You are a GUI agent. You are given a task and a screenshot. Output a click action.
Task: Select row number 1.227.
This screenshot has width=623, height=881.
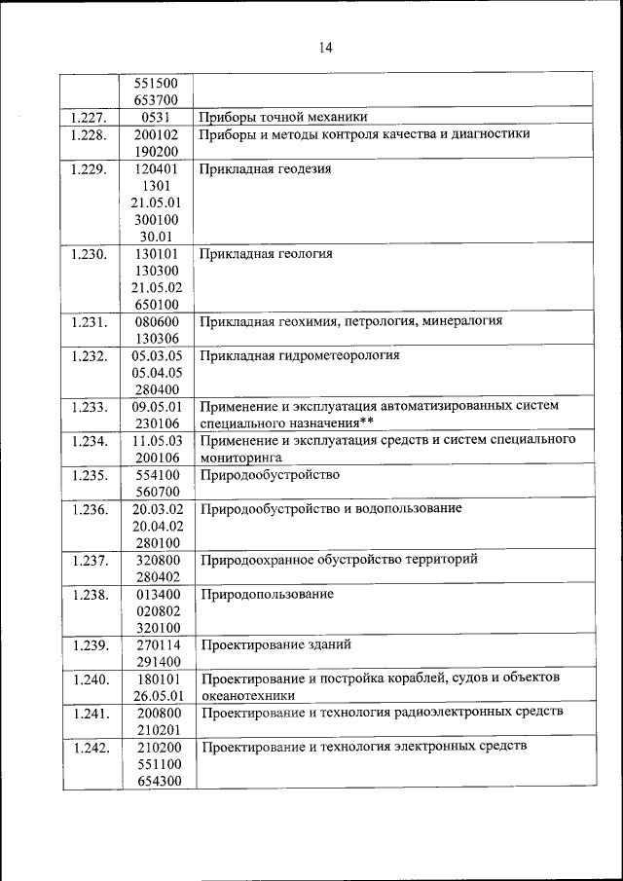click(89, 118)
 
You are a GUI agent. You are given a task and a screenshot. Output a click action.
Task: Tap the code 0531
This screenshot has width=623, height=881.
click(155, 118)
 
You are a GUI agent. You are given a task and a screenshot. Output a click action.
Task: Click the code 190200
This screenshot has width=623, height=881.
click(155, 152)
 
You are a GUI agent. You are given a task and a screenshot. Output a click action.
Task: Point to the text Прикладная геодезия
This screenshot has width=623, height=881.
click(265, 168)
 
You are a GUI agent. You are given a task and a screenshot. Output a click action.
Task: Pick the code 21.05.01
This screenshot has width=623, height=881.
click(155, 202)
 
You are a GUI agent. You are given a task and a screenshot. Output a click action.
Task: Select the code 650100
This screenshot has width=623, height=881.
click(155, 305)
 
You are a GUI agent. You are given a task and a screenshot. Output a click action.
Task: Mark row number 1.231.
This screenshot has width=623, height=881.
click(89, 321)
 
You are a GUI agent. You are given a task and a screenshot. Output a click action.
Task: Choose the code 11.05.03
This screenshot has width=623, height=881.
click(155, 440)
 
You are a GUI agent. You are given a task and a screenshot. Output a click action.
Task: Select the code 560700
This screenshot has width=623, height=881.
click(155, 492)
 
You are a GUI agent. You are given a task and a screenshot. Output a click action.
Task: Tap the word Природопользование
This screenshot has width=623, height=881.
click(267, 593)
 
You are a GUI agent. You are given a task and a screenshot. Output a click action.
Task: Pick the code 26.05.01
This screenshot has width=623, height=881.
click(155, 695)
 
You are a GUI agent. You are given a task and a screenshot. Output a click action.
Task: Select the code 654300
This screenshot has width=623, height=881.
click(155, 780)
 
